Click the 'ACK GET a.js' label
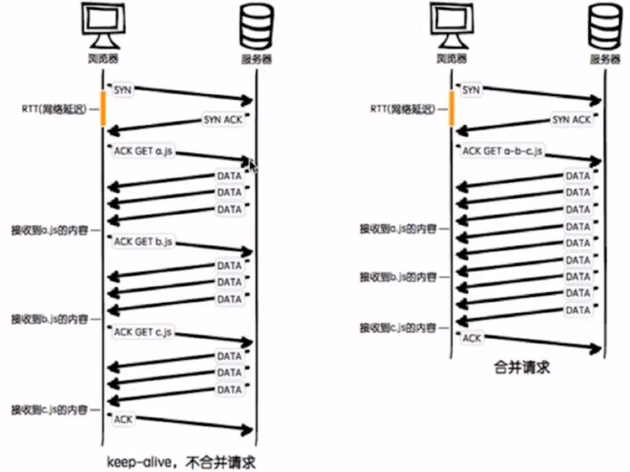pos(143,152)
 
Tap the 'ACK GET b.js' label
pos(144,242)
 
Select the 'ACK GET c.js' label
pos(144,332)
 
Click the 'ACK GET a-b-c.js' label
pos(502,152)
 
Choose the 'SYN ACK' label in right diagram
pos(572,120)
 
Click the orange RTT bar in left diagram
pos(103,108)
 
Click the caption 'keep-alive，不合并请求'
pos(182,463)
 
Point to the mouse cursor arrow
pos(253,164)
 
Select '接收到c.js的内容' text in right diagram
pos(399,328)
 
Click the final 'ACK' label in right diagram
pos(472,338)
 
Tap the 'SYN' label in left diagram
pos(123,90)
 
